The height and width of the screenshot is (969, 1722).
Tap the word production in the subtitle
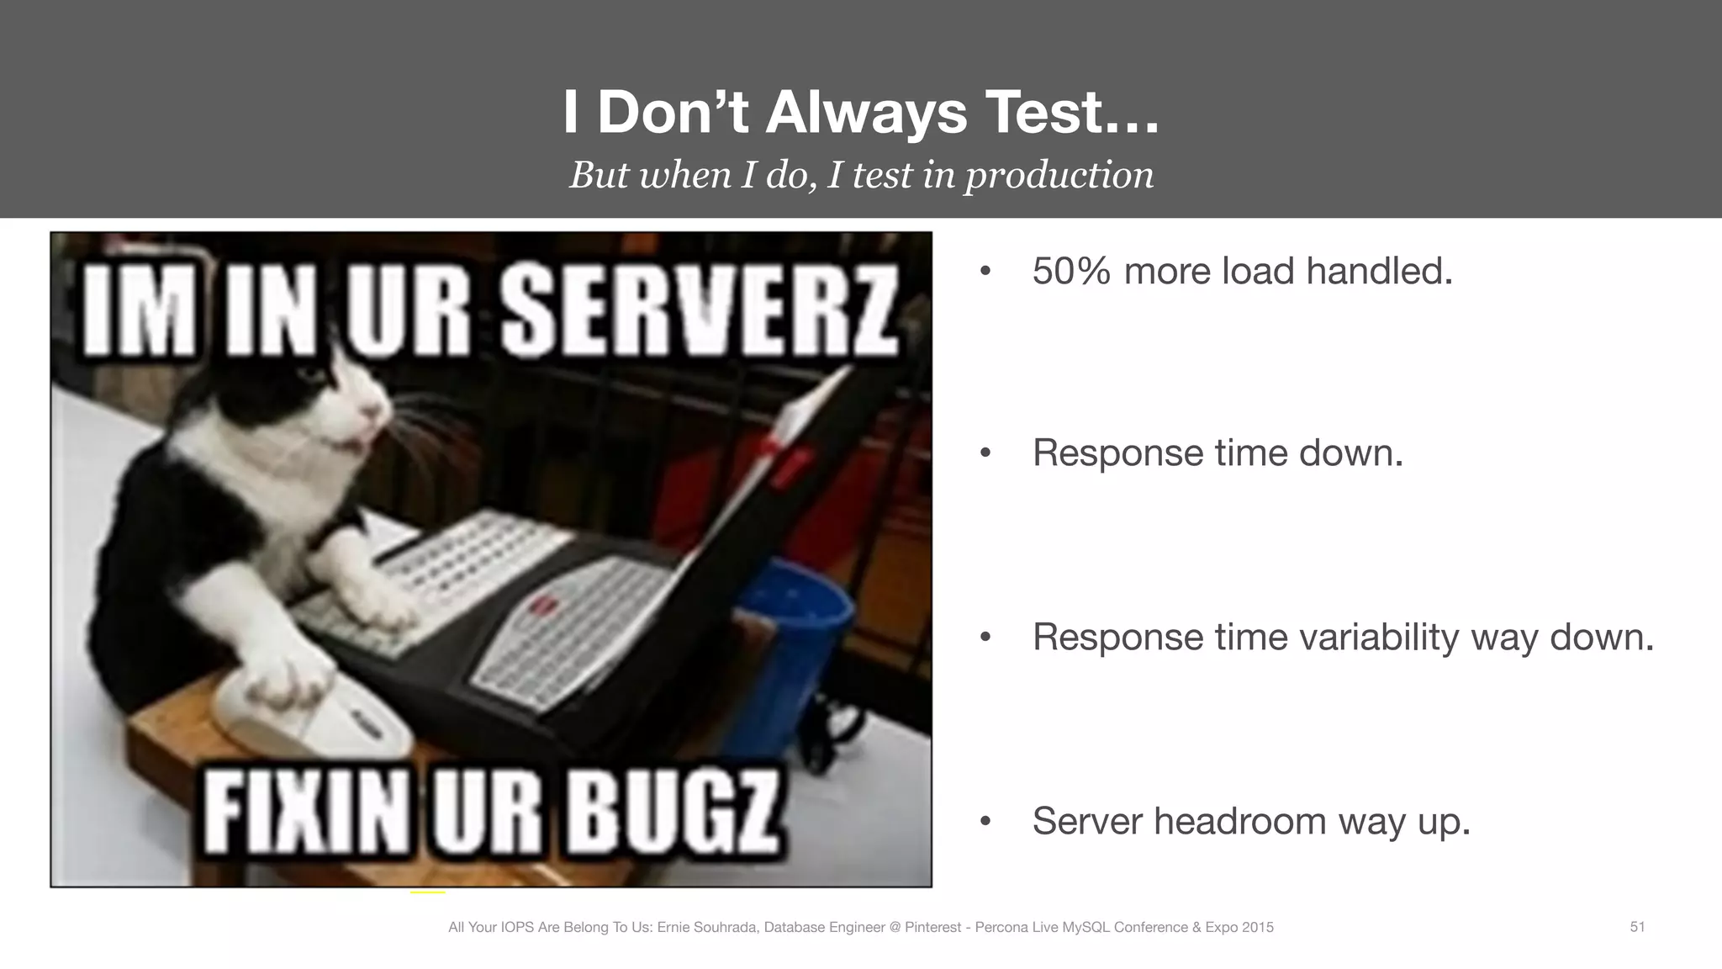coord(1059,175)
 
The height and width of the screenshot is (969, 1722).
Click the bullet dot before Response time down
coord(985,454)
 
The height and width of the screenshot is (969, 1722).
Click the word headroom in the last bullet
coord(1239,821)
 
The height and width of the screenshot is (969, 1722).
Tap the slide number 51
coord(1637,927)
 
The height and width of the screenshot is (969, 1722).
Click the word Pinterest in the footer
coord(932,927)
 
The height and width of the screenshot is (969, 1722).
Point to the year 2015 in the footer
coord(1257,927)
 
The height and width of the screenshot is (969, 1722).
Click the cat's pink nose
coord(370,410)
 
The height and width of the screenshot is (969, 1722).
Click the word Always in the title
coord(866,112)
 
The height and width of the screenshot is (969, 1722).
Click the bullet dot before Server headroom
coord(985,822)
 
